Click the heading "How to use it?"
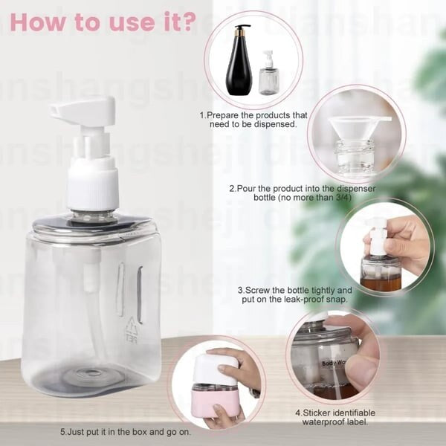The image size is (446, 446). click(103, 21)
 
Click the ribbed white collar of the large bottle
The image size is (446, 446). click(93, 186)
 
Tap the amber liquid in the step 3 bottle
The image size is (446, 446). click(381, 283)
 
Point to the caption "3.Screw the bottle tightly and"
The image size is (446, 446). click(294, 290)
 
